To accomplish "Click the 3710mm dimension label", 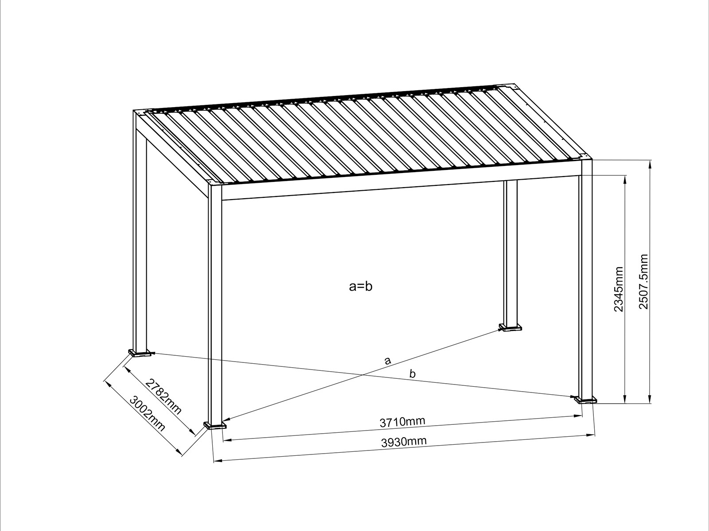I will coord(402,422).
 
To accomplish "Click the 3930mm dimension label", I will coord(404,442).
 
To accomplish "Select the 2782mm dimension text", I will coord(164,396).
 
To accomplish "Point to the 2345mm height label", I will coord(619,289).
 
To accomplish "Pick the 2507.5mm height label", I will coord(643,281).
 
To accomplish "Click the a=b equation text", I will coord(361,287).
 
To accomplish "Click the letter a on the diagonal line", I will coord(388,361).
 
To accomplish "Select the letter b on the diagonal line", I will coord(413,374).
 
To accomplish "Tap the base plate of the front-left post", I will coord(215,426).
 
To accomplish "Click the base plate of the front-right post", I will coord(586,400).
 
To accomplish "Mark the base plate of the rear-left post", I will coord(140,353).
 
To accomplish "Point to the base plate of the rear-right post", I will coord(510,328).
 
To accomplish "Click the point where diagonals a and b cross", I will coord(363,375).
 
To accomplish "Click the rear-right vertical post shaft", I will coord(510,252).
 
